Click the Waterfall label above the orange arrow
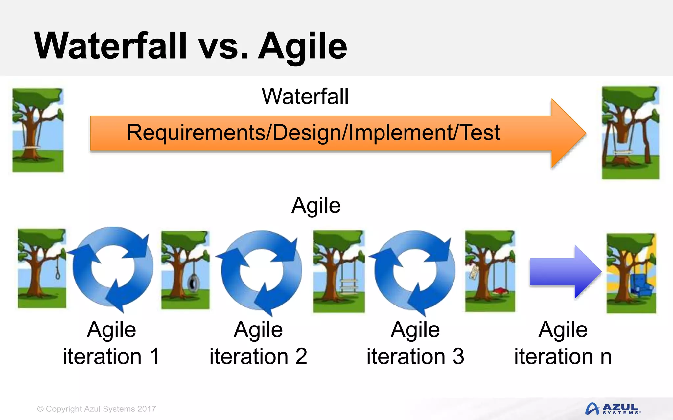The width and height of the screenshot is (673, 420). (x=305, y=96)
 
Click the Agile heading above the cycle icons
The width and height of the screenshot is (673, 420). (x=316, y=206)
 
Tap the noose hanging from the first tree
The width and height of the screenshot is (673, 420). (x=58, y=269)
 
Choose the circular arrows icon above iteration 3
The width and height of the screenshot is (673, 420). (x=414, y=271)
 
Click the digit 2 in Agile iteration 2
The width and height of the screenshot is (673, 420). (x=301, y=356)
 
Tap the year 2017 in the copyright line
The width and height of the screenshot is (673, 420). (x=147, y=409)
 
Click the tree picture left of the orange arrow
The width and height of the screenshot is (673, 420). (x=38, y=130)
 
